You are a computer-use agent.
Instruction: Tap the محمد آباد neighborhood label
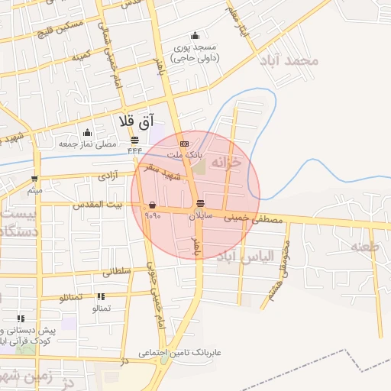(x=287, y=60)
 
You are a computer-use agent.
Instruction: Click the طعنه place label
(x=365, y=246)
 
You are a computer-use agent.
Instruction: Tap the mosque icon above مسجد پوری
(x=195, y=35)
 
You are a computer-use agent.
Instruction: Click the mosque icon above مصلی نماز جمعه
(x=88, y=133)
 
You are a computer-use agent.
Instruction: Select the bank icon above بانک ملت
(x=183, y=144)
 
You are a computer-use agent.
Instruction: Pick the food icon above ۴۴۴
(x=135, y=139)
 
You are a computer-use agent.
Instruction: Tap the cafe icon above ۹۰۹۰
(x=153, y=205)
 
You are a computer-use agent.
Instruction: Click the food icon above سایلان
(x=200, y=204)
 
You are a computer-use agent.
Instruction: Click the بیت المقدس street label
(x=98, y=205)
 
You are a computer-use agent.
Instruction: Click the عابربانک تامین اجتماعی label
(x=179, y=354)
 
